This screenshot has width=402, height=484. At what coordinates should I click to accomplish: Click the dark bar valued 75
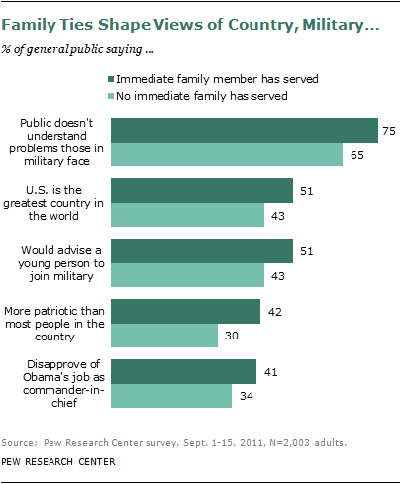click(245, 131)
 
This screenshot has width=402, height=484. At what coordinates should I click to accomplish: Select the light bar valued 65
click(227, 154)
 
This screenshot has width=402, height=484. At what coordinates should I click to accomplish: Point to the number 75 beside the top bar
click(390, 131)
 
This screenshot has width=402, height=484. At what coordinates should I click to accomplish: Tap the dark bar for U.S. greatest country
click(202, 190)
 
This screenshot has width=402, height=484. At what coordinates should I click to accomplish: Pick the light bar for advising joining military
click(187, 274)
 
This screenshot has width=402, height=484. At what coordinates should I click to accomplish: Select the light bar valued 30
click(164, 336)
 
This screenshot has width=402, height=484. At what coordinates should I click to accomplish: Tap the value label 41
click(268, 372)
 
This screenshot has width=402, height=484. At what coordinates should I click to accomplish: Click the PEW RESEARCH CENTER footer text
click(58, 461)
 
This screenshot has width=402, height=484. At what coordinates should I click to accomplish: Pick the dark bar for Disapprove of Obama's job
click(184, 372)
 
